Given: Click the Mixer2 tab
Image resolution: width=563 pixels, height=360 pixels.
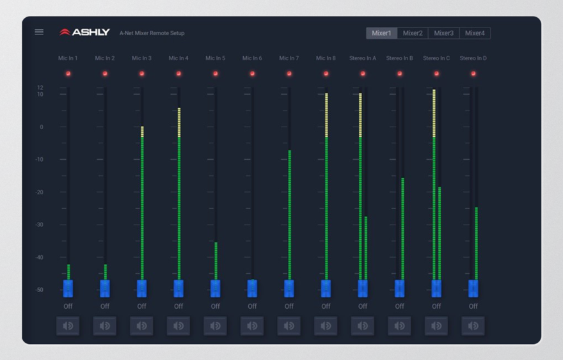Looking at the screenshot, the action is click(x=413, y=33).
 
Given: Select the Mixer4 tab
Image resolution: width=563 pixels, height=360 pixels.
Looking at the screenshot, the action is click(x=475, y=33).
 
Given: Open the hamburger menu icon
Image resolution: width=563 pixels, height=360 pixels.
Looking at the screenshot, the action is click(x=39, y=32).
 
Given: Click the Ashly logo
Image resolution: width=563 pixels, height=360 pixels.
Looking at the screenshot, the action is click(x=84, y=33).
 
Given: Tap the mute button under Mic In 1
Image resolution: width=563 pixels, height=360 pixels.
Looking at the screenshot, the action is click(x=68, y=325).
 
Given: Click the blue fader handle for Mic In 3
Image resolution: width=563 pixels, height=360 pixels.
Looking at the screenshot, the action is click(x=142, y=288).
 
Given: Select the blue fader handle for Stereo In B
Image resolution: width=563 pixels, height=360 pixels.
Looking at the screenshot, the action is click(x=400, y=288).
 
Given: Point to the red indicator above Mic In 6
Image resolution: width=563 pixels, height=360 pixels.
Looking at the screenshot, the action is click(x=253, y=74).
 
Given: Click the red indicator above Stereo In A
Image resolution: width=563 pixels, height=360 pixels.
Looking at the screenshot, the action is click(x=363, y=74).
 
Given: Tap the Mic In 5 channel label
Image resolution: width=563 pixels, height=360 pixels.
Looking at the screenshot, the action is click(x=216, y=58).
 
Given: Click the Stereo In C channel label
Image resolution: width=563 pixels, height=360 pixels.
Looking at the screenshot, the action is click(x=436, y=58).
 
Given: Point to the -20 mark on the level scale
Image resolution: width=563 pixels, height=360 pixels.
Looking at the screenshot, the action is click(x=40, y=192).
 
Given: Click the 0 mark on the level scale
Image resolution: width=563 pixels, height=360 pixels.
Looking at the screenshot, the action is click(x=42, y=127).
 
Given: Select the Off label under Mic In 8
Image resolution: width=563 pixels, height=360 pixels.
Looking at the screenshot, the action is click(x=326, y=306).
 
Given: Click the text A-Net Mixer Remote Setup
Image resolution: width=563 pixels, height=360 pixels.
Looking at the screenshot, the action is click(x=152, y=33).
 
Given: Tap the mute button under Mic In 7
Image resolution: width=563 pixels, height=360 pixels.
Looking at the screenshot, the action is click(x=289, y=325).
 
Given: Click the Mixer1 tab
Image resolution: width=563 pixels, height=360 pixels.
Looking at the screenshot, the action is click(x=382, y=33).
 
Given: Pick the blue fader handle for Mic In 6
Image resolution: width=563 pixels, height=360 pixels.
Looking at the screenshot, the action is click(x=253, y=288).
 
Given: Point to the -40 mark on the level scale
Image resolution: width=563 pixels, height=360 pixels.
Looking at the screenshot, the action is click(x=40, y=257).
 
